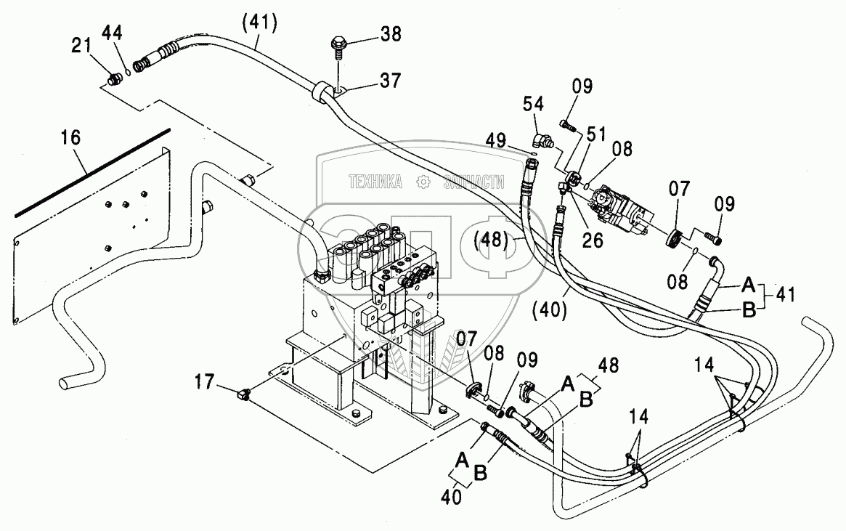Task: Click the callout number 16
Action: (x=70, y=137)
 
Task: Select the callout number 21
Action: (x=82, y=45)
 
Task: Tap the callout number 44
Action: (x=113, y=33)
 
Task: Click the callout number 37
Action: (x=391, y=81)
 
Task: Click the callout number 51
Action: (x=596, y=134)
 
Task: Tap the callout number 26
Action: (x=593, y=240)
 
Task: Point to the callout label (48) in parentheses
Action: (x=491, y=240)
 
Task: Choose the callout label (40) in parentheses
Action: (x=549, y=309)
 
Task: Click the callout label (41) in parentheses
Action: (x=259, y=23)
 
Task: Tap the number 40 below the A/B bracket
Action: (x=451, y=496)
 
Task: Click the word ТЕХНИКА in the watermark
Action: (x=375, y=182)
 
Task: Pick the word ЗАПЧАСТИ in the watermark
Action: (x=473, y=182)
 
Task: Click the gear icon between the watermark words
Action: (x=423, y=182)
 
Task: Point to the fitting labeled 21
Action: (x=113, y=81)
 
